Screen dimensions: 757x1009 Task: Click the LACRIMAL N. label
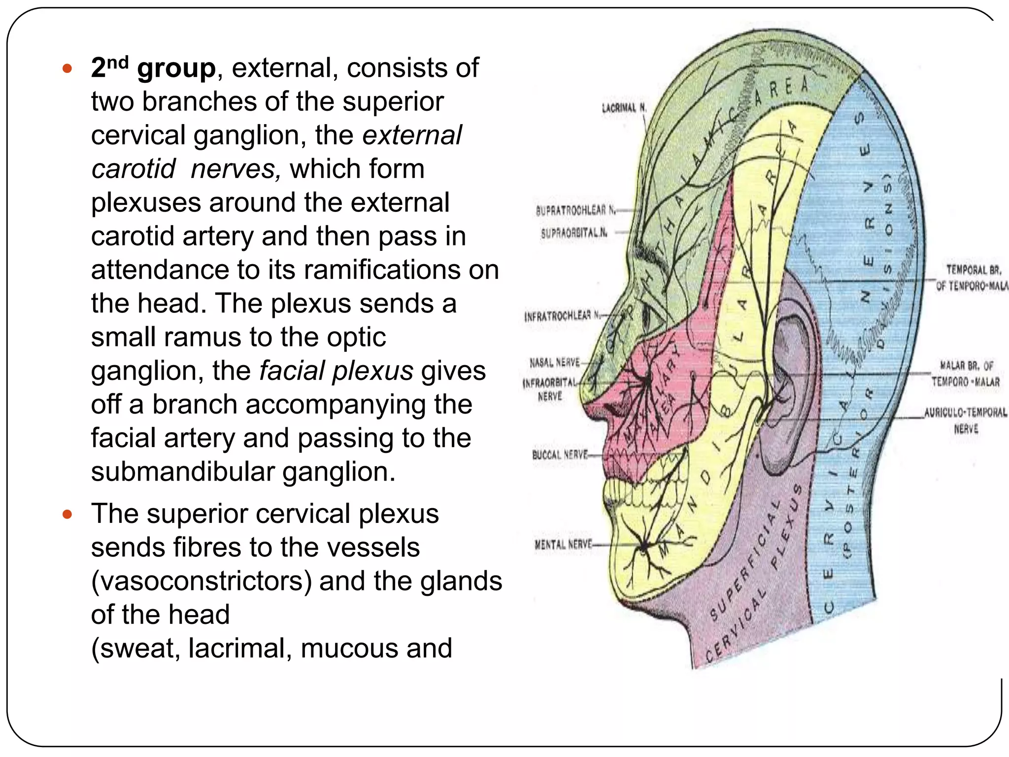click(624, 107)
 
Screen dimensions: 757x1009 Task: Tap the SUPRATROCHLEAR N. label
click(575, 210)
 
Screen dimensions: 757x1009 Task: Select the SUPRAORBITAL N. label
click(574, 233)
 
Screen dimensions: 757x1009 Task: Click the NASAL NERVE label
click(554, 363)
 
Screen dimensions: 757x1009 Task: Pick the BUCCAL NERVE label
click(560, 454)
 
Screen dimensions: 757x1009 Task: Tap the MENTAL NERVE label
click(563, 545)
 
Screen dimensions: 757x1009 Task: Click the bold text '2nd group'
click(153, 68)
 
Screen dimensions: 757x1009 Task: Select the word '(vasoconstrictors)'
click(202, 581)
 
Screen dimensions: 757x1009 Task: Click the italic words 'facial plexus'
click(336, 371)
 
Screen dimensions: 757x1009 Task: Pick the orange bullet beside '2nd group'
click(67, 68)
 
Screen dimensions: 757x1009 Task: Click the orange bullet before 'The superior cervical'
click(67, 515)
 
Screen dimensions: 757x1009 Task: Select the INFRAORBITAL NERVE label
click(549, 389)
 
